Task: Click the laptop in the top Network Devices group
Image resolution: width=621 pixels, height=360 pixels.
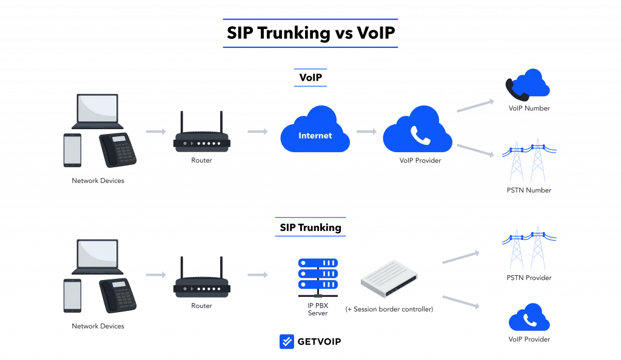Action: (x=97, y=111)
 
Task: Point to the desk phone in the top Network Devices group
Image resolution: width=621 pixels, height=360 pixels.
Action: (x=118, y=150)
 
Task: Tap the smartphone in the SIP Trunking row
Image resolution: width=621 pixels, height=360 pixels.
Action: (x=72, y=296)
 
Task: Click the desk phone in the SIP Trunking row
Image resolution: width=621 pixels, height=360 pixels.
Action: (x=118, y=295)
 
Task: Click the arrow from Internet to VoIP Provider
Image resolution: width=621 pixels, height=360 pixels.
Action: (x=366, y=132)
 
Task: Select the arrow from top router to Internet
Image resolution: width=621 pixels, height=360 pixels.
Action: (x=257, y=132)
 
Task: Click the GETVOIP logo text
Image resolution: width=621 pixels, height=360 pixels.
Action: (x=318, y=342)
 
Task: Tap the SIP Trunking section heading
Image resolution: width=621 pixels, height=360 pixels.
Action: (x=310, y=227)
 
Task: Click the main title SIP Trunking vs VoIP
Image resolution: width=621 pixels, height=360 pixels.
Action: (x=310, y=33)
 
